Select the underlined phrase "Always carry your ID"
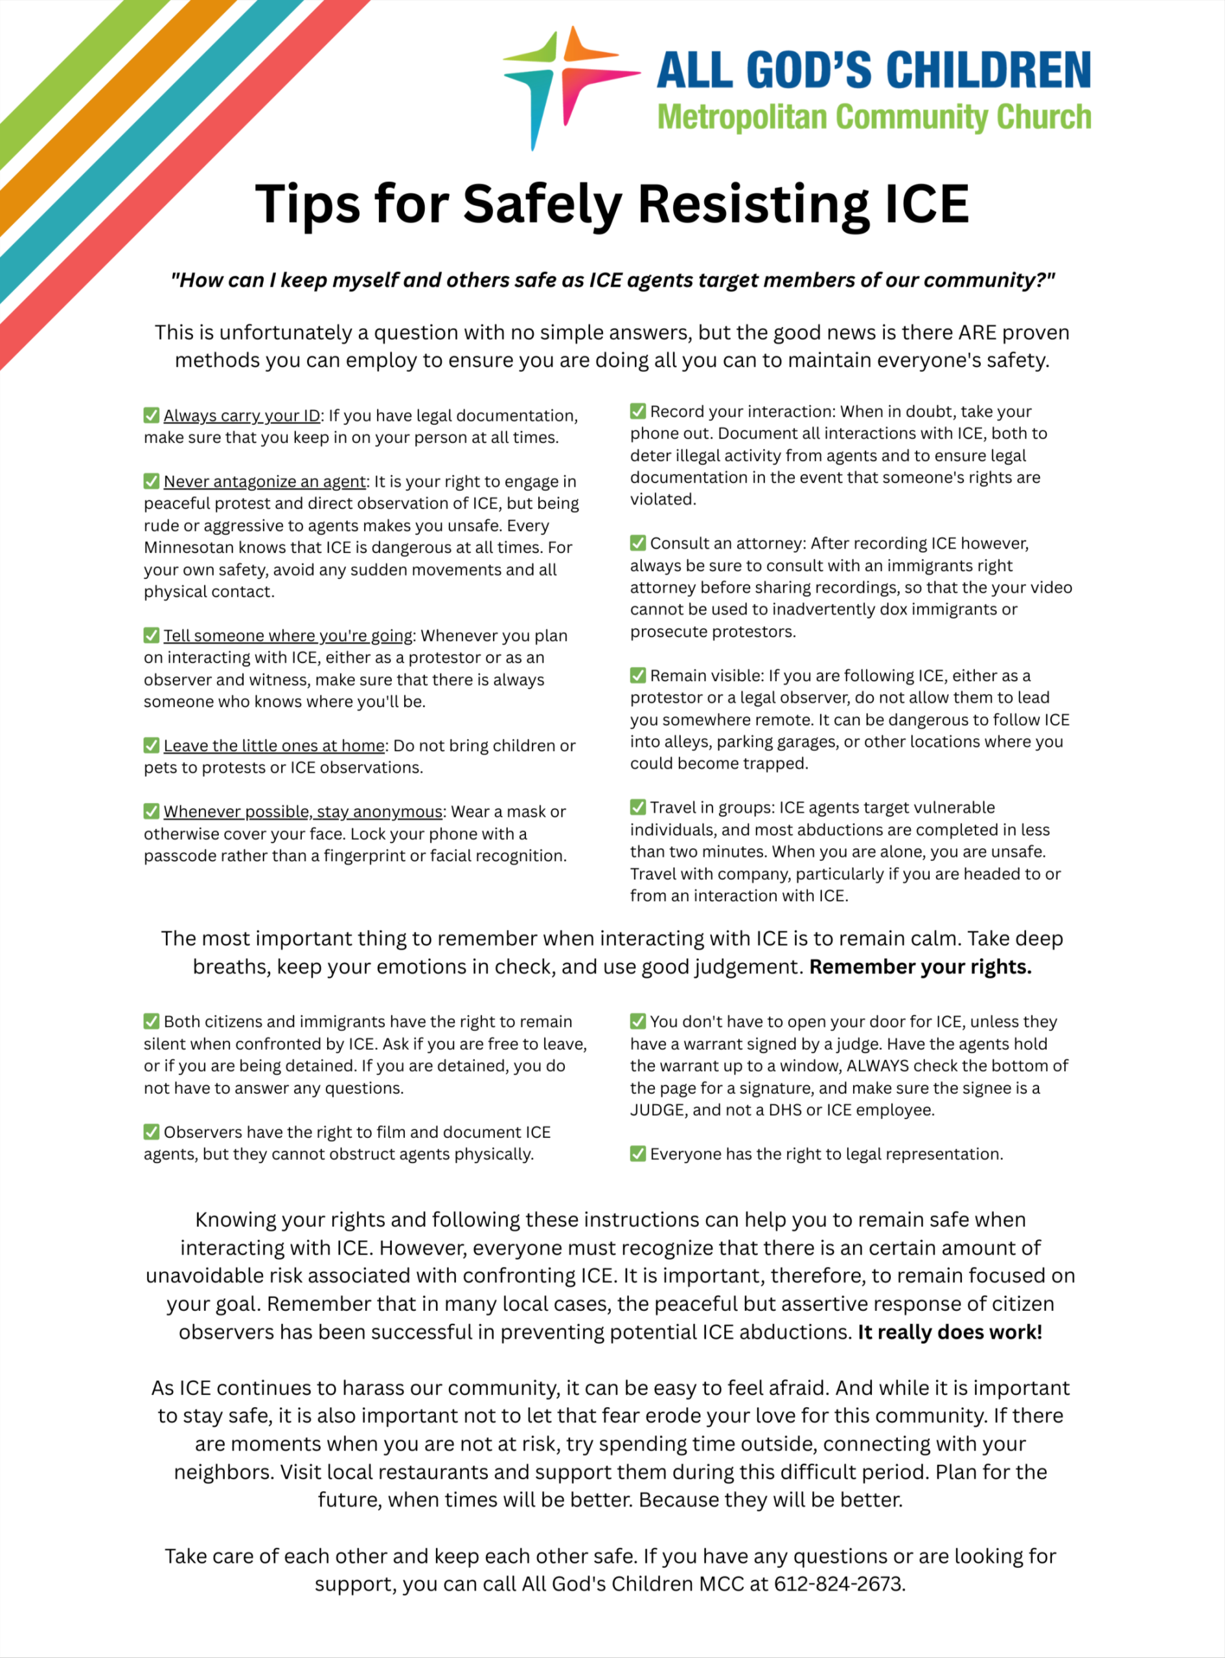(x=242, y=416)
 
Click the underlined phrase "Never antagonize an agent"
(x=265, y=482)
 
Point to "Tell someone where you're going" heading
(x=288, y=636)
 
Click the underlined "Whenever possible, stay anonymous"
(x=303, y=812)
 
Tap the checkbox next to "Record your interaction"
(x=637, y=411)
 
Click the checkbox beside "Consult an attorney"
(x=637, y=543)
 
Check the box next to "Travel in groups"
(x=637, y=806)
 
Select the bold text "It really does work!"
(x=950, y=1332)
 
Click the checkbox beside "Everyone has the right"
(x=637, y=1153)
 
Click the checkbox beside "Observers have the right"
(x=152, y=1131)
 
